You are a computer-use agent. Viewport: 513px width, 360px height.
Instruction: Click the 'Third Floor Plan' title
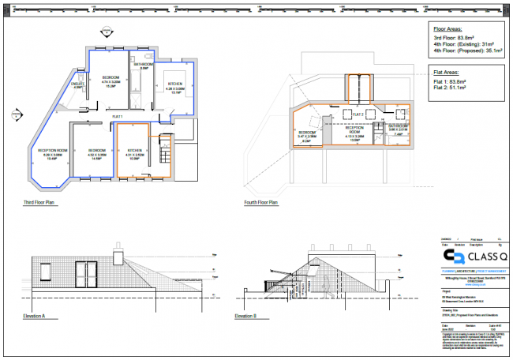tap(43, 203)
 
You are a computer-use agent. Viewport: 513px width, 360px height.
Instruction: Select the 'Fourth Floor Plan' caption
tap(261, 203)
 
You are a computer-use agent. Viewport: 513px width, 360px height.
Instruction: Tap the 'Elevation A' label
tap(35, 317)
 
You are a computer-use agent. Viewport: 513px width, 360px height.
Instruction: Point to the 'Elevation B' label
tap(245, 317)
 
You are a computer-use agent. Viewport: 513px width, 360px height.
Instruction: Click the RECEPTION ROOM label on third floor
tap(52, 150)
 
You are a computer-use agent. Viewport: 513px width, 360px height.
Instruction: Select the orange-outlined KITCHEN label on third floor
tap(135, 149)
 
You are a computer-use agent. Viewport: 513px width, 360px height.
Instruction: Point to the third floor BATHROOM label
tap(144, 64)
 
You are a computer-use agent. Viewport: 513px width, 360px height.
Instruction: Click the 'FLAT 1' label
tap(120, 116)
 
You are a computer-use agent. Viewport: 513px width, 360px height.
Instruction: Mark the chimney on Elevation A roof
tap(118, 258)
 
